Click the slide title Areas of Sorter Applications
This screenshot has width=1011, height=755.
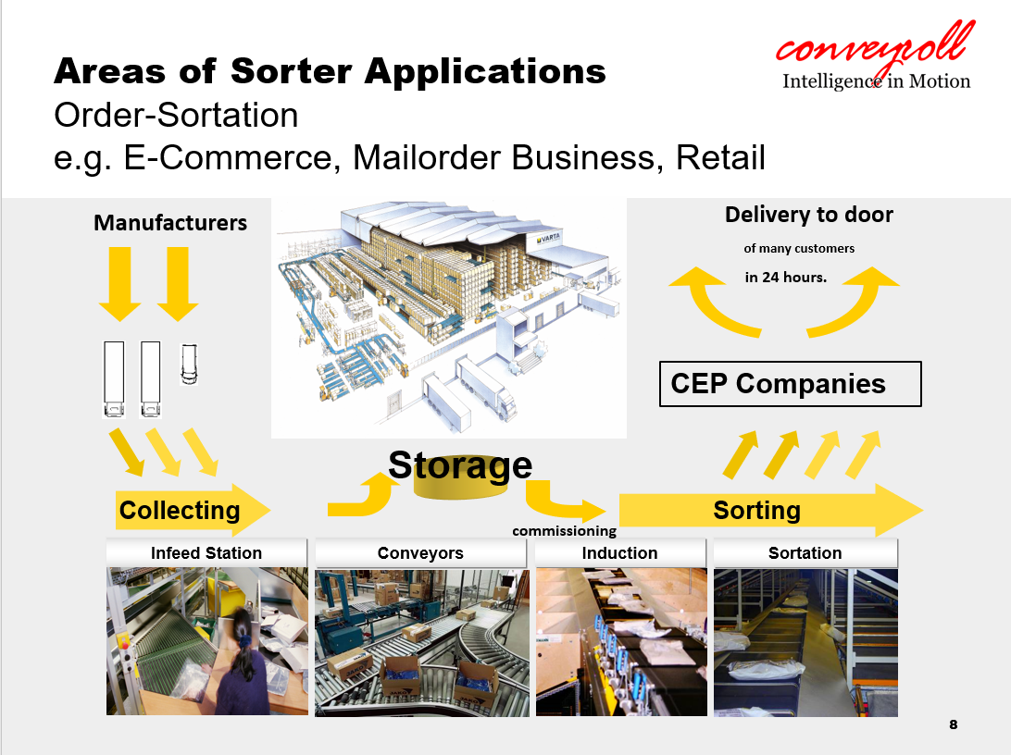pos(330,71)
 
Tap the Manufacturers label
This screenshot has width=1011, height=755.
pos(170,223)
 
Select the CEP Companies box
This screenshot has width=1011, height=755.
pos(790,384)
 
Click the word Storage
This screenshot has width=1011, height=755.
pos(460,465)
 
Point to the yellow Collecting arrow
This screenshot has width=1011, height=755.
pos(193,510)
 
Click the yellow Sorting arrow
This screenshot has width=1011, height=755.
pos(768,511)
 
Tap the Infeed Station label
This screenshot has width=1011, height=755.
pos(206,553)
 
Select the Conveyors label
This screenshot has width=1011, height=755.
pos(421,553)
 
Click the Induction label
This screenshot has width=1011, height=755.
pos(619,553)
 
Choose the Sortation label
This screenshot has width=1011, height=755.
pos(805,553)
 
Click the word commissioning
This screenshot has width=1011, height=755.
pos(564,531)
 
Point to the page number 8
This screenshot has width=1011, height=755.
pos(954,724)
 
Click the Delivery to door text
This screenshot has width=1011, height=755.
pos(808,215)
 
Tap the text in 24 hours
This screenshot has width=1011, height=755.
pos(785,277)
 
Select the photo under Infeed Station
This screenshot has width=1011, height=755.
pos(206,641)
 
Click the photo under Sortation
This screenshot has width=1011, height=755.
pos(805,641)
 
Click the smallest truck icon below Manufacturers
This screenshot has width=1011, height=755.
pos(189,365)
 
